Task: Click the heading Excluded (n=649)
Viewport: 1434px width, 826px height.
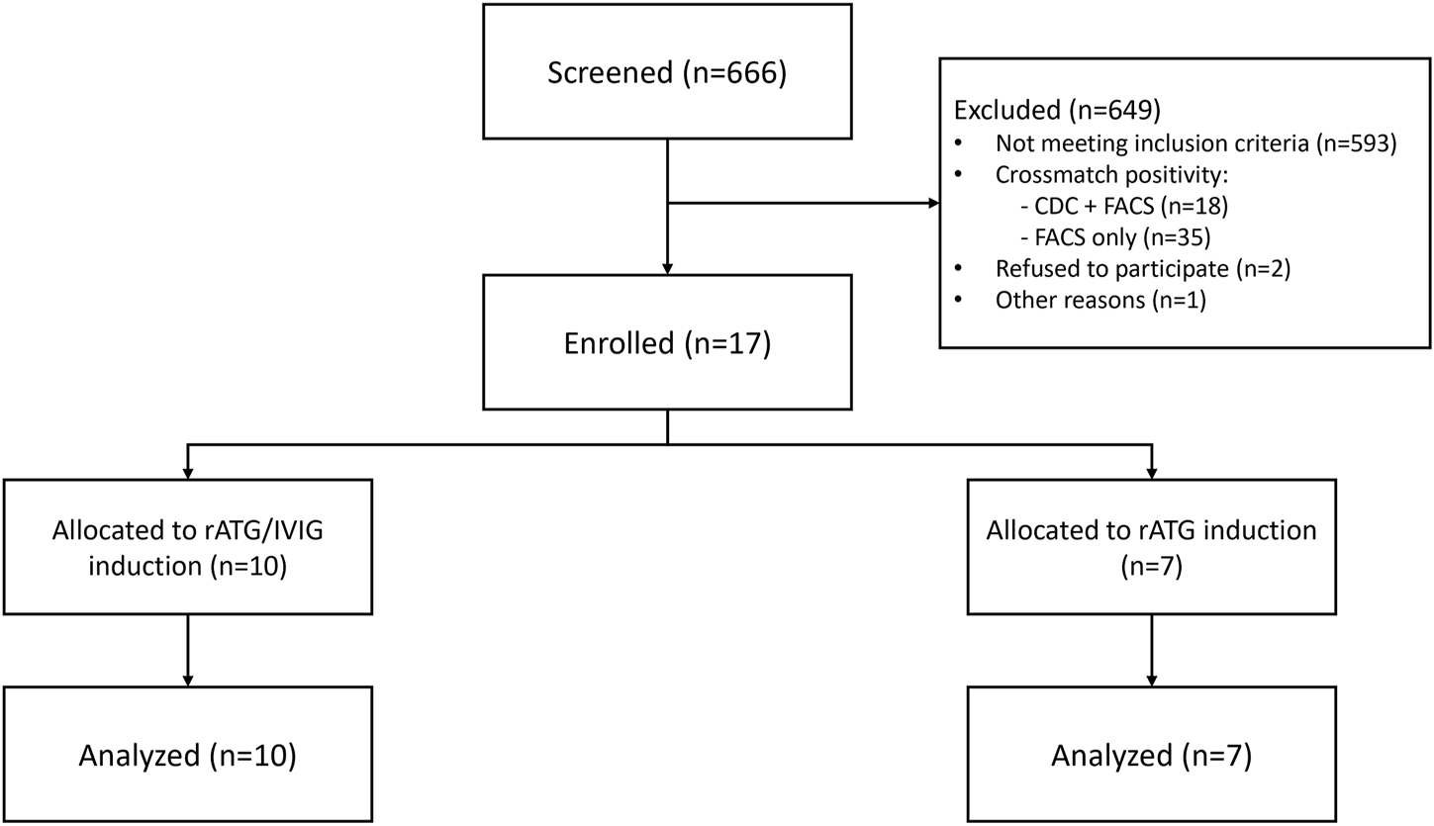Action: [1057, 111]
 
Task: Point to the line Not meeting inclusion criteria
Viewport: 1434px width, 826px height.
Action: [1195, 143]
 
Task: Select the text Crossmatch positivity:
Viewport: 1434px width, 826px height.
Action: [1111, 175]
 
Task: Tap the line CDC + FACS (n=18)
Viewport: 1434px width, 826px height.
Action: [1124, 206]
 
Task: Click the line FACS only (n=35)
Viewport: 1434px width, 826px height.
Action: [1116, 237]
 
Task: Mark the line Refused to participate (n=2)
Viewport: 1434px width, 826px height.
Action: [1143, 269]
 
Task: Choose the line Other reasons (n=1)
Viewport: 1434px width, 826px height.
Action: [1100, 300]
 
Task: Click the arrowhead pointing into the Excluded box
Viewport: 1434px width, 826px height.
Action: [934, 204]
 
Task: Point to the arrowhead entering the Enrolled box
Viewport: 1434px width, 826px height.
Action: [668, 269]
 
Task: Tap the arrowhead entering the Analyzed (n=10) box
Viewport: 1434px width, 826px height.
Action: [188, 681]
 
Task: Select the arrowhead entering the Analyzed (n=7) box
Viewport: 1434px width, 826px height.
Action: [1152, 681]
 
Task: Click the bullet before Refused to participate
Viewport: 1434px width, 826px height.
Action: [958, 268]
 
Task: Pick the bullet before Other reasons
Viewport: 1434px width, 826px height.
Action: [958, 300]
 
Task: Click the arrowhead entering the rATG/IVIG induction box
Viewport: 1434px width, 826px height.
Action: [188, 474]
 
